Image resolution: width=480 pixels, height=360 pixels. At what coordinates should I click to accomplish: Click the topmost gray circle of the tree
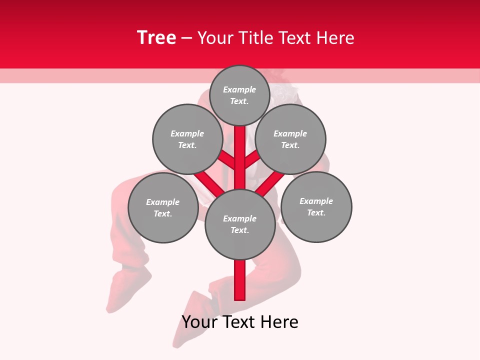pyautogui.click(x=239, y=95)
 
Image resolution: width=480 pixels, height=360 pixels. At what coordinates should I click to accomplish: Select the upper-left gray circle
pyautogui.click(x=187, y=139)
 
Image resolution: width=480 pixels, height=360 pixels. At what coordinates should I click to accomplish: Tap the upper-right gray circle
pyautogui.click(x=290, y=139)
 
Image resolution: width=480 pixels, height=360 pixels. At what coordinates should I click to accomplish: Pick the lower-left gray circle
pyautogui.click(x=163, y=208)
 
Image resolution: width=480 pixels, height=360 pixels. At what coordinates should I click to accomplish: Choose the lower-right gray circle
pyautogui.click(x=316, y=207)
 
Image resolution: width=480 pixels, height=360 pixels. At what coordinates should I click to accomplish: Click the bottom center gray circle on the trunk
pyautogui.click(x=240, y=224)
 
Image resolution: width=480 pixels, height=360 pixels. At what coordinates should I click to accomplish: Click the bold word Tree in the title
pyautogui.click(x=156, y=37)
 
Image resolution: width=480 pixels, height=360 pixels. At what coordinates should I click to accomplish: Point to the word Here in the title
pyautogui.click(x=336, y=38)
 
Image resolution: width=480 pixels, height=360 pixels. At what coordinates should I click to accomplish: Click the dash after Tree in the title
pyautogui.click(x=186, y=38)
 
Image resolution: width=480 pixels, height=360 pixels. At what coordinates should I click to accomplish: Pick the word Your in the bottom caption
pyautogui.click(x=198, y=322)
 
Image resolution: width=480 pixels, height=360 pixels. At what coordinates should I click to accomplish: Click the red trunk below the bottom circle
pyautogui.click(x=240, y=280)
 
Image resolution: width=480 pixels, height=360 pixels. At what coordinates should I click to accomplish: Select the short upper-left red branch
pyautogui.click(x=227, y=159)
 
